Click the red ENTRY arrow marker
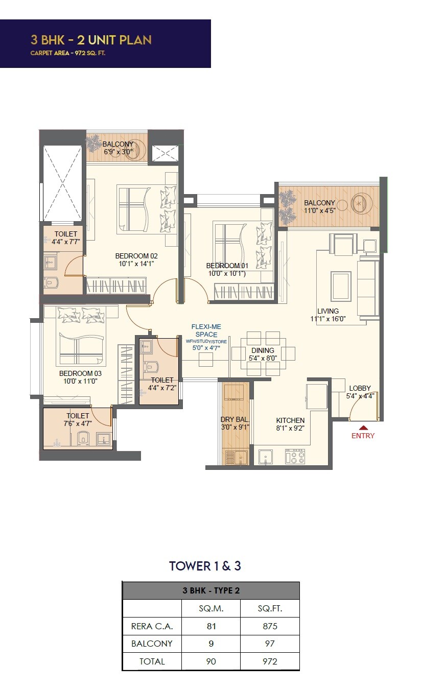point(363,428)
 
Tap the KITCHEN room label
point(290,420)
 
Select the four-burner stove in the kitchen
point(295,456)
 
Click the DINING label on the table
point(263,350)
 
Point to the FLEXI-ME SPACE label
point(205,330)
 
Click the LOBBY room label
point(360,388)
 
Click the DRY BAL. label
point(235,420)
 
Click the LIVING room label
point(328,311)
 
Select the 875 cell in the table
point(270,626)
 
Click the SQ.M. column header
point(211,609)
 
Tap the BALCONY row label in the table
point(152,644)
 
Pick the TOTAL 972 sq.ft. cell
point(270,661)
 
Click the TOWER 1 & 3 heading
point(205,566)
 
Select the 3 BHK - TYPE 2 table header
point(211,590)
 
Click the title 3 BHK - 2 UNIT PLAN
point(91,40)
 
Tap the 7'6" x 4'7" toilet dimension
point(78,423)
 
